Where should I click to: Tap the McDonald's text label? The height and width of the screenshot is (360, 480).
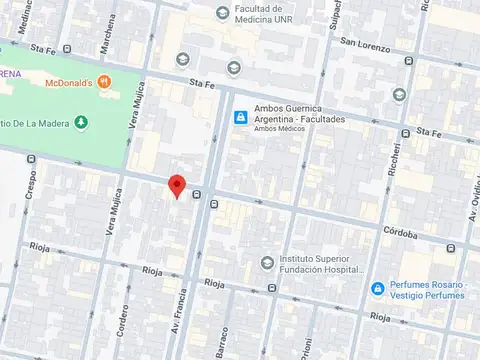point(69,82)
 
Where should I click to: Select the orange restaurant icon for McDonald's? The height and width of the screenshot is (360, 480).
point(104,82)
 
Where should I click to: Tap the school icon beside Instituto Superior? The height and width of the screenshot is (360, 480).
point(266,263)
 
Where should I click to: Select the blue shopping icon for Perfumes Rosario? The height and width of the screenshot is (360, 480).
point(377,289)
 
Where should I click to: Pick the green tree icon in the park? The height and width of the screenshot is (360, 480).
point(82,122)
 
